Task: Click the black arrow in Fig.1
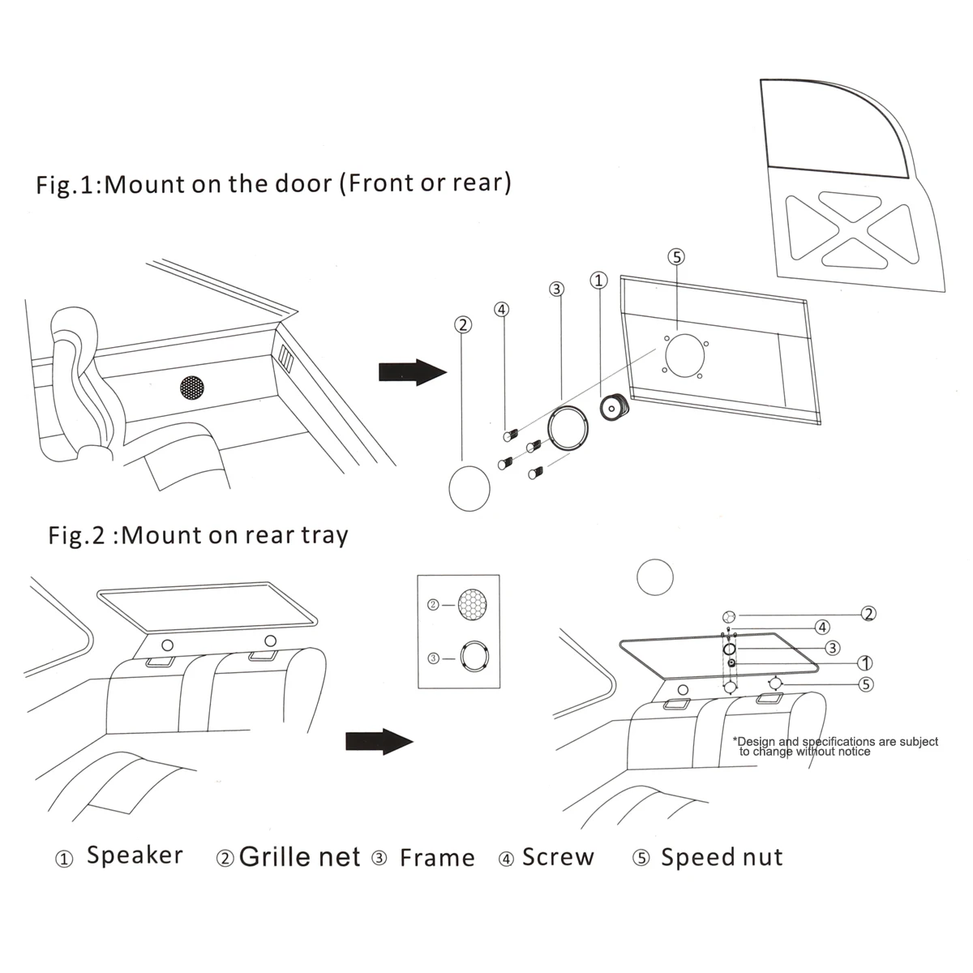tap(412, 372)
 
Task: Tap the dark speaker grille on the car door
tap(192, 388)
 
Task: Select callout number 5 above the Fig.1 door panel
tap(675, 257)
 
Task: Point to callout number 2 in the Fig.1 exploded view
tap(462, 325)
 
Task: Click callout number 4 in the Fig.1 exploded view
tap(502, 309)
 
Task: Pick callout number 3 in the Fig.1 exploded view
tap(556, 289)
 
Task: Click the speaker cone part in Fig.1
tap(615, 407)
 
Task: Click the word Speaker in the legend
tap(135, 855)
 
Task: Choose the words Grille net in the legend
tap(299, 857)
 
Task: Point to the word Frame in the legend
tap(437, 858)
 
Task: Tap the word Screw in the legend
tap(558, 857)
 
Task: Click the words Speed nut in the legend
tap(722, 857)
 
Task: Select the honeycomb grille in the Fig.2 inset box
tap(474, 605)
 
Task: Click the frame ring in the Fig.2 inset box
tap(474, 656)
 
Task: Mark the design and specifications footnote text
tap(835, 746)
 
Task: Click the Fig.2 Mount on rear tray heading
tap(199, 535)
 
